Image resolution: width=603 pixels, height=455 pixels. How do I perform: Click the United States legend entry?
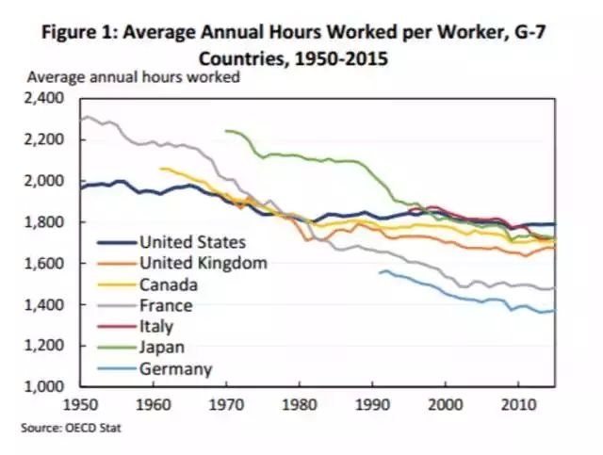click(x=192, y=242)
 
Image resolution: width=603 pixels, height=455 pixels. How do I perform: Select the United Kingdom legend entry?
click(x=203, y=263)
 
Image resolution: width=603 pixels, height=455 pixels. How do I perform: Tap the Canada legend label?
click(x=168, y=284)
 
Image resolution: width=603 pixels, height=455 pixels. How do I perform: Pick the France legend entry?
click(x=166, y=305)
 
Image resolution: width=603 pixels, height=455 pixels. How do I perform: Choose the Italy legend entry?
click(x=157, y=327)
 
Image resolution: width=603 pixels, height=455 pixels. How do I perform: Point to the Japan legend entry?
click(x=162, y=348)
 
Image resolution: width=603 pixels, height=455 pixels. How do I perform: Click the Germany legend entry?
click(x=175, y=369)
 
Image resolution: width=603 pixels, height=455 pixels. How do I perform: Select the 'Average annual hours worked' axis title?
click(x=134, y=77)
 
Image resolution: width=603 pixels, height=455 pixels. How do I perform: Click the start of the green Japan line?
click(x=226, y=131)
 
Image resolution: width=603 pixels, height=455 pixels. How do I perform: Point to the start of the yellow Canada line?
click(x=161, y=169)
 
